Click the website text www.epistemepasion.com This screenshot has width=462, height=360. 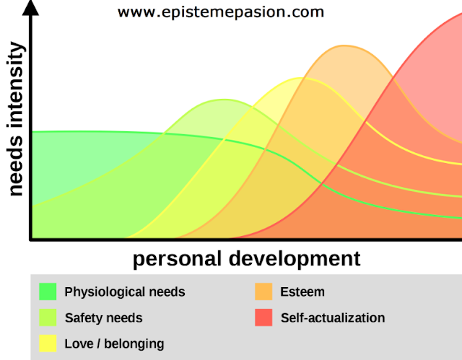221,12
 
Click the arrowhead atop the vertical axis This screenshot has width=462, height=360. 30,8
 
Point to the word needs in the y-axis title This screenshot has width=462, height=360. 15,165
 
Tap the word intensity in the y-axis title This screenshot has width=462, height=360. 15,85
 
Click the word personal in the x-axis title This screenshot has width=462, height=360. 177,259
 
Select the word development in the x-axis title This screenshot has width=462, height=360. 295,259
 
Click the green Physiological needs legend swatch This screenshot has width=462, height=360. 48,291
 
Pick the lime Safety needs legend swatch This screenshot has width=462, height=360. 48,317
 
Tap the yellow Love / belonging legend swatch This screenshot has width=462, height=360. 48,343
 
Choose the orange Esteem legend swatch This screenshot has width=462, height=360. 263,291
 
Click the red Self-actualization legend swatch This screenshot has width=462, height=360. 263,317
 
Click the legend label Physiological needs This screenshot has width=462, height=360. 125,292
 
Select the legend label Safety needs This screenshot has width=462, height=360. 104,318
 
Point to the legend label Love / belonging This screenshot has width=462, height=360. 114,344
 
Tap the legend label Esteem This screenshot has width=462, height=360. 302,292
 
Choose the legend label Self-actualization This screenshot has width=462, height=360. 333,318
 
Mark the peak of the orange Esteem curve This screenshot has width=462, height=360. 344,45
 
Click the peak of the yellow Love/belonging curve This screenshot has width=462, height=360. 300,78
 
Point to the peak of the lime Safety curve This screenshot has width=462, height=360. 225,100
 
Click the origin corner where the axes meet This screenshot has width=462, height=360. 30,240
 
